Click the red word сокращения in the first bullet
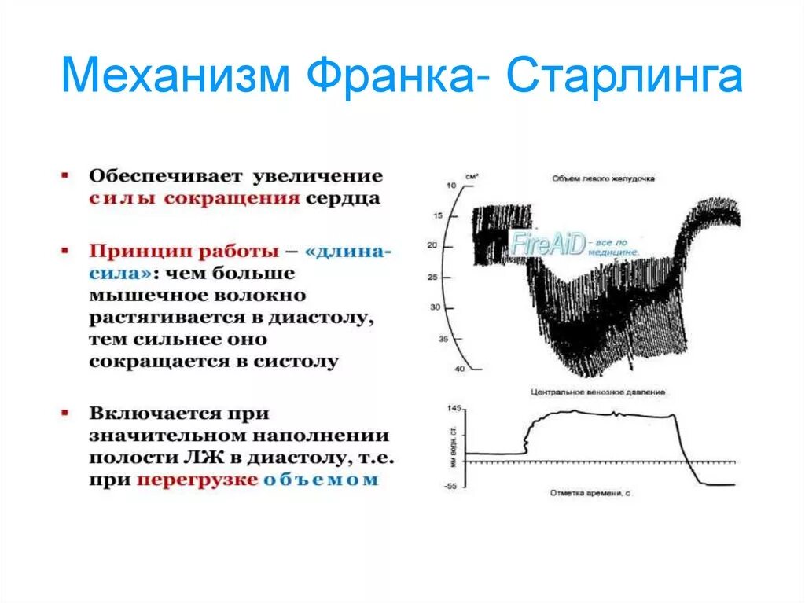coord(232,197)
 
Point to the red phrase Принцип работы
coord(183,252)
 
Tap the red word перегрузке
coord(197,479)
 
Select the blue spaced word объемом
coord(321,479)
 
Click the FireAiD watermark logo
coord(548,244)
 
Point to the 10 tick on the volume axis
coord(451,185)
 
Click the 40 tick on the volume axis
coord(461,370)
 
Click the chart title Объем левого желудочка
coord(603,178)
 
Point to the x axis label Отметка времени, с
coord(590,494)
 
